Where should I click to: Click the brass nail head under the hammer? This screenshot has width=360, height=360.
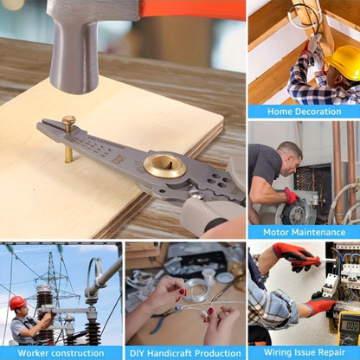click(x=68, y=119)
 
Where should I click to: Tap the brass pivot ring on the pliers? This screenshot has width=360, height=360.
click(x=164, y=166)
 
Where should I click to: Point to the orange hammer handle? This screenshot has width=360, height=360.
click(x=192, y=10)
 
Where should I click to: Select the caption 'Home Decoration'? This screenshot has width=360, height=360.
click(x=304, y=112)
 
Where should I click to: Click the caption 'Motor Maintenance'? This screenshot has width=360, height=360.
click(x=304, y=232)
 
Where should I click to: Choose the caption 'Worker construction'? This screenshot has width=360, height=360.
click(x=61, y=353)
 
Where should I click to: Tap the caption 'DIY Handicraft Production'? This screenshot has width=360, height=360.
click(x=185, y=353)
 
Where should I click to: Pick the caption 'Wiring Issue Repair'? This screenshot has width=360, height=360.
click(x=305, y=352)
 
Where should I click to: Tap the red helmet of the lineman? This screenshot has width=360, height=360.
click(x=17, y=303)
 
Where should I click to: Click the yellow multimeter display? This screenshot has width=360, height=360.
click(x=352, y=326)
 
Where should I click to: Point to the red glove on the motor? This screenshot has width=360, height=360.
click(x=291, y=196)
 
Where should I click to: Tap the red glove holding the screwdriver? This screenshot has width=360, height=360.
click(x=294, y=256)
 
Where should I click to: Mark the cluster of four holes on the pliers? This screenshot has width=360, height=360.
click(x=218, y=180)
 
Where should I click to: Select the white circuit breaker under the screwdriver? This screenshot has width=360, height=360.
click(x=330, y=286)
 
